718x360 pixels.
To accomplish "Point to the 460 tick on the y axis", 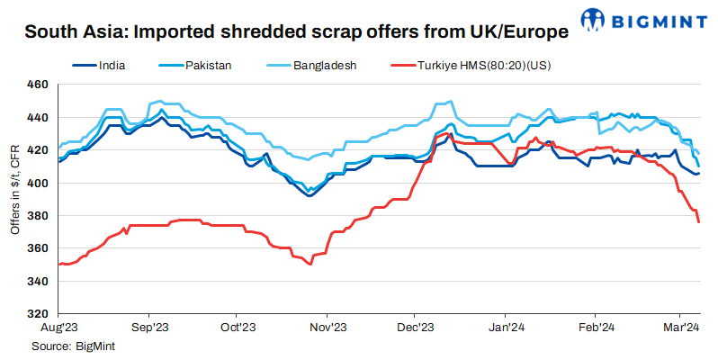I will (37, 85).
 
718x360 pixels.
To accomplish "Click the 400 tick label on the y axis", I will (37, 183).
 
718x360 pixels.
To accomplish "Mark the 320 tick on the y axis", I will (37, 314).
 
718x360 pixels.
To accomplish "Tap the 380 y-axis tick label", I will (37, 216).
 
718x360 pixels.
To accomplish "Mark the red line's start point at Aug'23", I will (58, 264).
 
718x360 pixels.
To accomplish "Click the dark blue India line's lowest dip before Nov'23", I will (310, 195).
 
